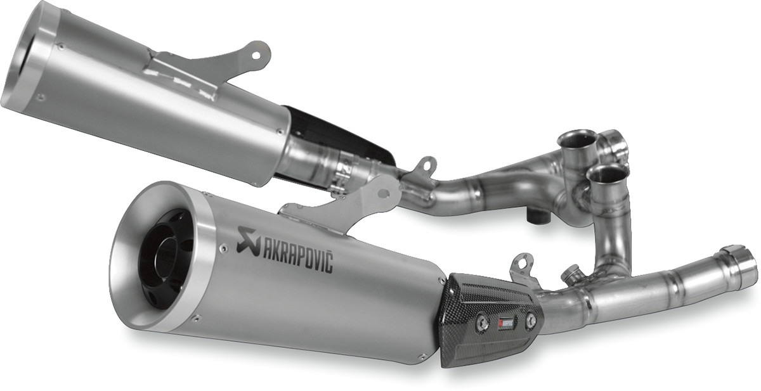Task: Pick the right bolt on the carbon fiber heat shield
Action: [x=530, y=321]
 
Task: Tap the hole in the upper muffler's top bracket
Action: [x=256, y=54]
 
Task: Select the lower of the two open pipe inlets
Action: [x=608, y=172]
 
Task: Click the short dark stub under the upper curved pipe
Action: [x=537, y=216]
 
